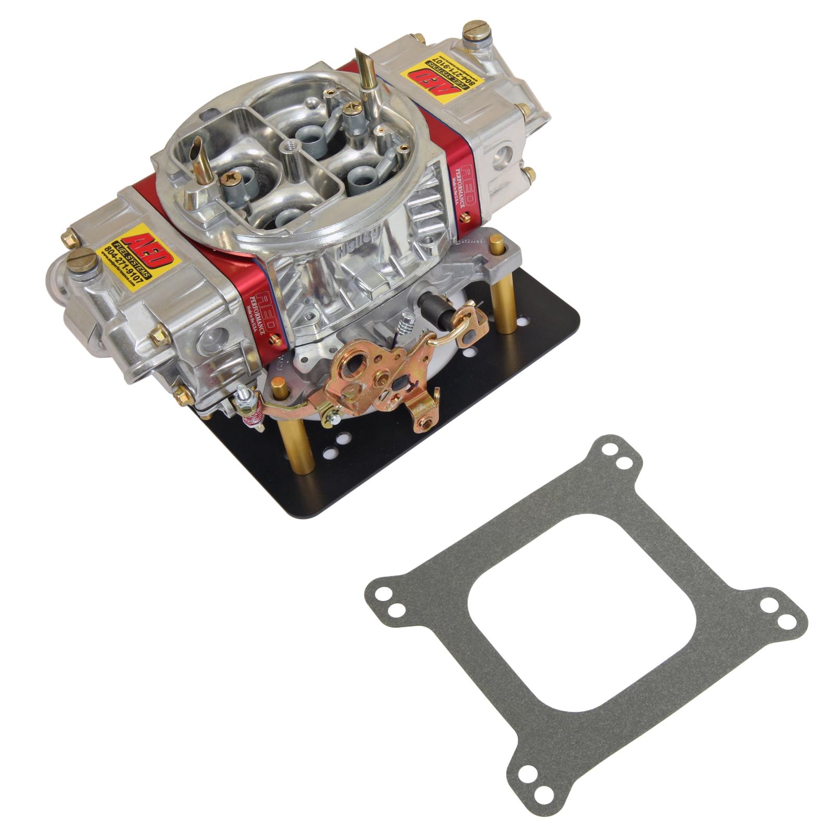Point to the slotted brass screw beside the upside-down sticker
(474, 30)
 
